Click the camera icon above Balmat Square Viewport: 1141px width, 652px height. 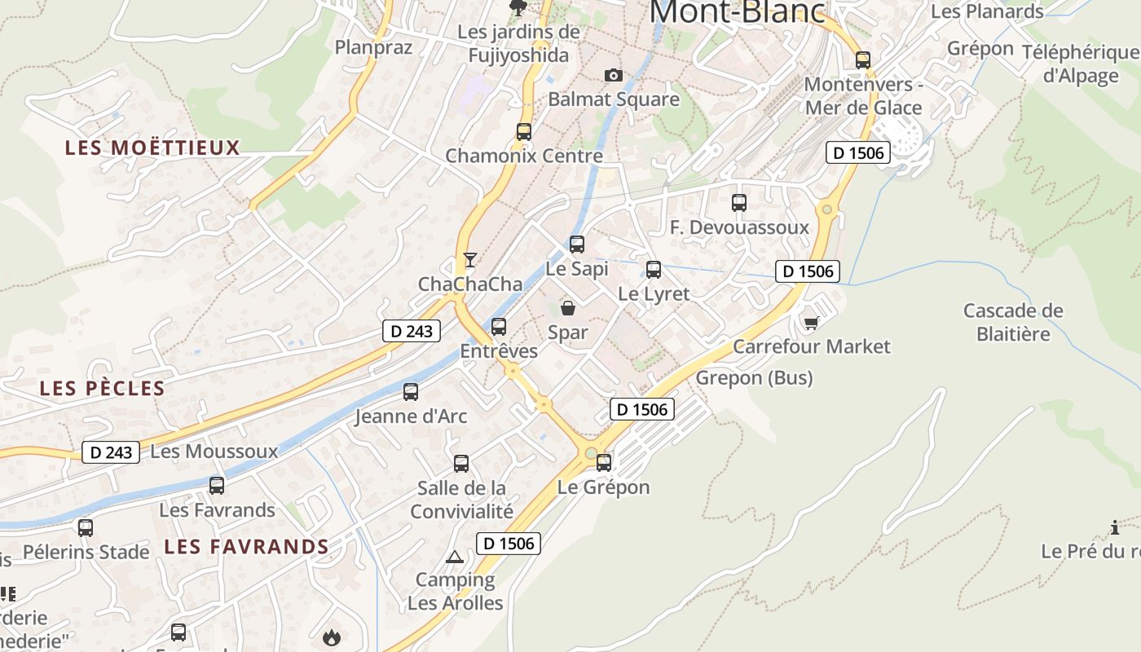click(x=614, y=76)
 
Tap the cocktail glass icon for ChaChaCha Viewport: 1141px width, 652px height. click(x=469, y=260)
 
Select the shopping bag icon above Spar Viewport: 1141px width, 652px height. click(x=568, y=308)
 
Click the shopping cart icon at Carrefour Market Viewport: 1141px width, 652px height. click(x=811, y=324)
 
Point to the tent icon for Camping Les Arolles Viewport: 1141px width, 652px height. click(x=455, y=557)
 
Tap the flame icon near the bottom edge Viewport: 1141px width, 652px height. click(x=331, y=637)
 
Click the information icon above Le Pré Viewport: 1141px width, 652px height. click(x=1115, y=527)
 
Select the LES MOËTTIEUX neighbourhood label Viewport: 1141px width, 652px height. click(x=152, y=148)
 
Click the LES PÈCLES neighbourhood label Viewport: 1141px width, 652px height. click(x=103, y=389)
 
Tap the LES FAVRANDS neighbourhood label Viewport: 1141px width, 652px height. click(x=246, y=546)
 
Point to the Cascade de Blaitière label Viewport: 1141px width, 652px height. click(x=1013, y=322)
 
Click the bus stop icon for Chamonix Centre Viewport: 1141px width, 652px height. click(x=524, y=131)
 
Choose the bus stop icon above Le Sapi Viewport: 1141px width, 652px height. click(x=577, y=244)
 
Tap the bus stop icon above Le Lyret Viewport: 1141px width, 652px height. click(x=654, y=269)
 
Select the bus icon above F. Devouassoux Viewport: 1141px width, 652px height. click(x=739, y=203)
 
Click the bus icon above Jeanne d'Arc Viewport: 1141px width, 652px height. click(x=411, y=392)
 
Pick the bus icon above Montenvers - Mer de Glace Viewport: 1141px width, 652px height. click(x=862, y=59)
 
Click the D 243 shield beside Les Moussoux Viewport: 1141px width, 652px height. click(x=111, y=452)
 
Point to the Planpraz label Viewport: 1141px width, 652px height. click(x=374, y=47)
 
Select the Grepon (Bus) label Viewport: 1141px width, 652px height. click(x=754, y=378)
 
